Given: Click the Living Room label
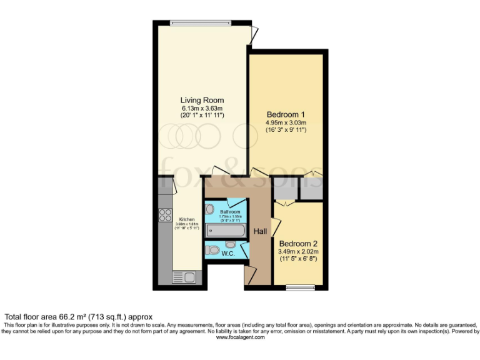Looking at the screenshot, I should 202,100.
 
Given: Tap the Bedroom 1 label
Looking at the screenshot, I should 286,114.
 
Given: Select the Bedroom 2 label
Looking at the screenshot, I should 298,243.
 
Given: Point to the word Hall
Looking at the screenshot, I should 261,232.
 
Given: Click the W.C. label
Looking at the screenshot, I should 227,253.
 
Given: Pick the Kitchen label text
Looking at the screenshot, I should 187,219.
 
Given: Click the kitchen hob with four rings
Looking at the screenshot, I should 166,215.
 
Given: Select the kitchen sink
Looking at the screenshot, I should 184,277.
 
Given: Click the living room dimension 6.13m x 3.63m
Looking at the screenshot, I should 202,108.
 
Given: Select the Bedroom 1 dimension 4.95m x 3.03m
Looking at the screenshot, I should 286,122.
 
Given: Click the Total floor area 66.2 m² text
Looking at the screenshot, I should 79,317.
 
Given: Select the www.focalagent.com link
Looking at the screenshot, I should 239,337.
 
